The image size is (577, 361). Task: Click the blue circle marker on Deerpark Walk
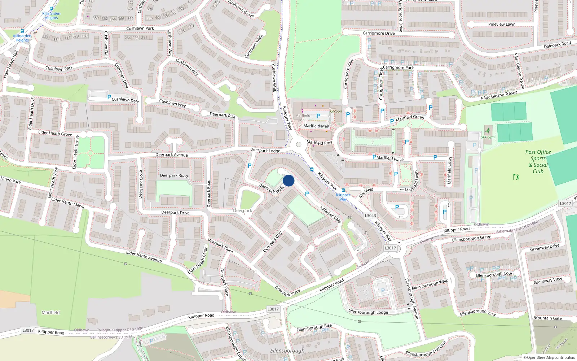(288, 180)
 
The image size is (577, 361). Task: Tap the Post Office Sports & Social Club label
(538, 162)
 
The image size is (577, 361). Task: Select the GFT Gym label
(488, 137)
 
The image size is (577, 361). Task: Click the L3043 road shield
(370, 216)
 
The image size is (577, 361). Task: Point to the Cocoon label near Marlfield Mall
(336, 111)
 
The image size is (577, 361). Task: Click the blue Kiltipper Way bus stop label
(343, 197)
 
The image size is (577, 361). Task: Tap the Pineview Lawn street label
(502, 25)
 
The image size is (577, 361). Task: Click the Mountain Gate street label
(547, 318)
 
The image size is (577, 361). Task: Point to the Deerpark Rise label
(223, 116)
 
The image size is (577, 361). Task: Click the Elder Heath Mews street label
(67, 203)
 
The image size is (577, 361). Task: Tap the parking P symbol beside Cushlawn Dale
(109, 97)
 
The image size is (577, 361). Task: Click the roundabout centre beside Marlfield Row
(298, 145)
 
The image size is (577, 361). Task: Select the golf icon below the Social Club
(516, 177)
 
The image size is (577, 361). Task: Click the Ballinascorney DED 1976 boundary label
(111, 337)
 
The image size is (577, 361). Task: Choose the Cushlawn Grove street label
(241, 9)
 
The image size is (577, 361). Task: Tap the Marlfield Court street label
(449, 170)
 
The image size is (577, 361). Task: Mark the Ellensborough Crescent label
(426, 349)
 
